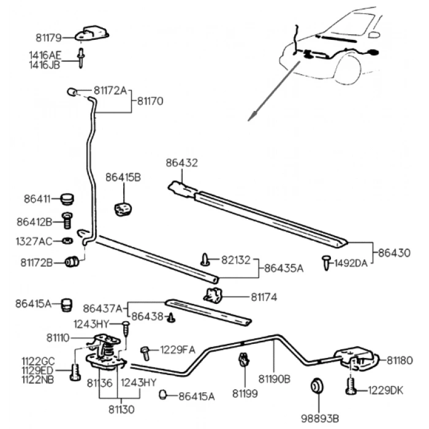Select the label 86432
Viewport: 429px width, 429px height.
(x=182, y=163)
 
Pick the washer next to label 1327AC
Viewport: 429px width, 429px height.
(x=67, y=240)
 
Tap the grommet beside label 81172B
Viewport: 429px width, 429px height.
(x=72, y=262)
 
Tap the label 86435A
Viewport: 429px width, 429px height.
(x=284, y=268)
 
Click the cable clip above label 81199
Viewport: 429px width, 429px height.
(x=244, y=360)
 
